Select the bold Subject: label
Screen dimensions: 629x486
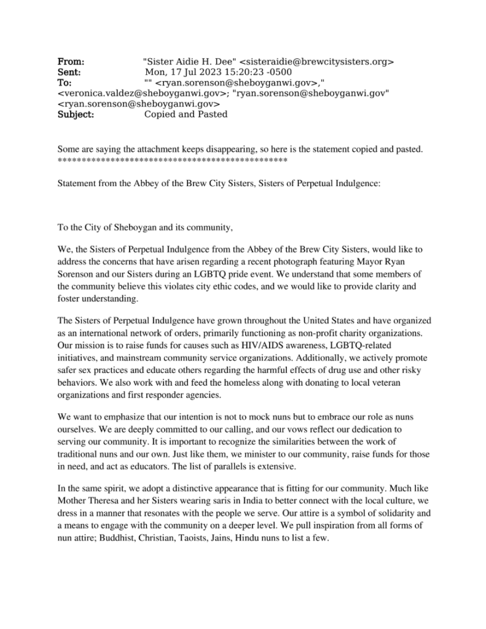tap(76, 114)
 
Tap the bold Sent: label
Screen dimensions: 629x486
tap(69, 72)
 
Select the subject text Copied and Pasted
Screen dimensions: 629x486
tap(186, 114)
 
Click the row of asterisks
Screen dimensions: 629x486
tap(172, 161)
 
